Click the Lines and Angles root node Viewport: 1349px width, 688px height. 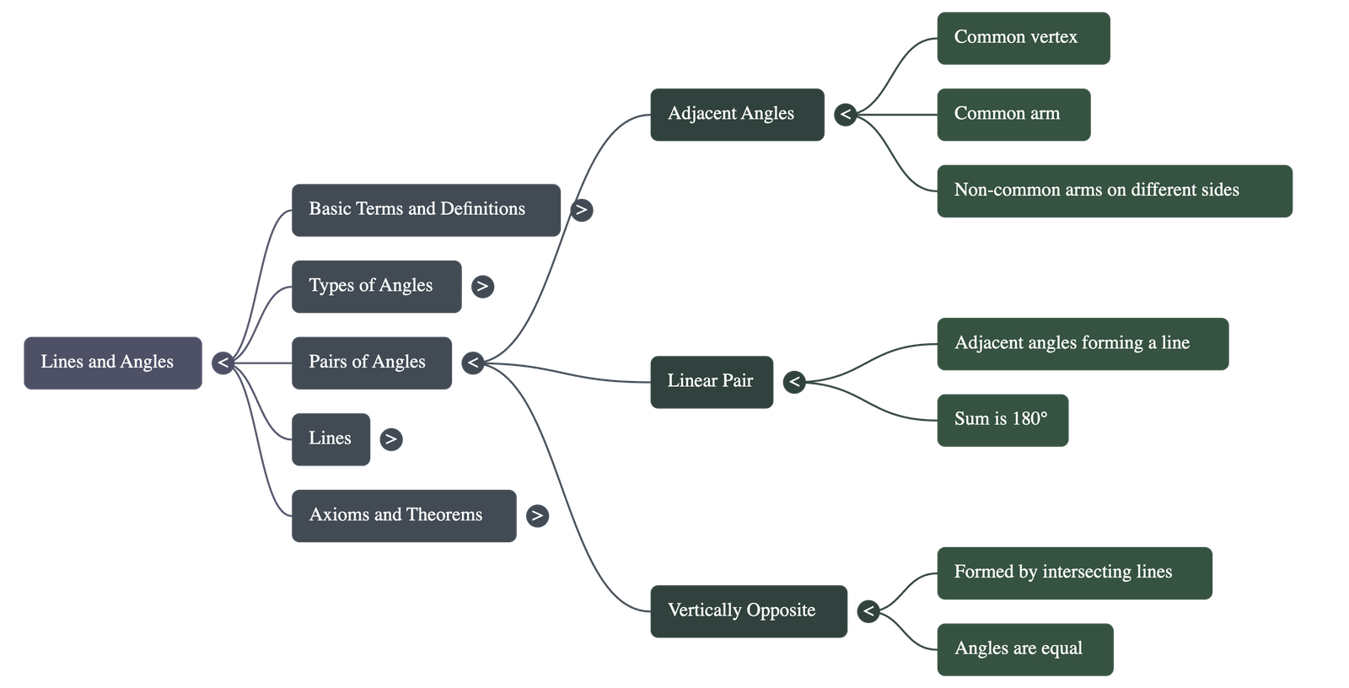[x=112, y=363]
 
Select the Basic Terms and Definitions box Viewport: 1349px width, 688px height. [x=426, y=210]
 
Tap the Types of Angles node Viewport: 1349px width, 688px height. [x=376, y=287]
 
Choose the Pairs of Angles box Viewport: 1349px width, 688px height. [x=372, y=363]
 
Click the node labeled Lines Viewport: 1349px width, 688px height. [x=331, y=439]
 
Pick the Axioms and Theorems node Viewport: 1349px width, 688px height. [x=404, y=515]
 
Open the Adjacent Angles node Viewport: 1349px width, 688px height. [x=737, y=115]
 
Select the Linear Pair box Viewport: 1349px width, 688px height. [x=712, y=382]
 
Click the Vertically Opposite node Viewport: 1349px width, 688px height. [x=749, y=611]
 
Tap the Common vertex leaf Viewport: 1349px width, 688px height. [x=1023, y=38]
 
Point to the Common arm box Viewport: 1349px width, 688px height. [x=1013, y=115]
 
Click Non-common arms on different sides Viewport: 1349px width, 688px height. [x=1114, y=191]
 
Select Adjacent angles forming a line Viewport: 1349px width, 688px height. [x=1082, y=343]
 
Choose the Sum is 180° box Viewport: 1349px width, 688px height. [x=1002, y=420]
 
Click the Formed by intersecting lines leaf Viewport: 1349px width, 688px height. [x=1074, y=573]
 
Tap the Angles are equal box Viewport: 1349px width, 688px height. [x=1024, y=649]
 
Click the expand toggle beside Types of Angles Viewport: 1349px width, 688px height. [x=482, y=287]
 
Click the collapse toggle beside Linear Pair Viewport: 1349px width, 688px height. [x=794, y=382]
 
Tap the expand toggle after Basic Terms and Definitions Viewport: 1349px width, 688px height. [x=581, y=210]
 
